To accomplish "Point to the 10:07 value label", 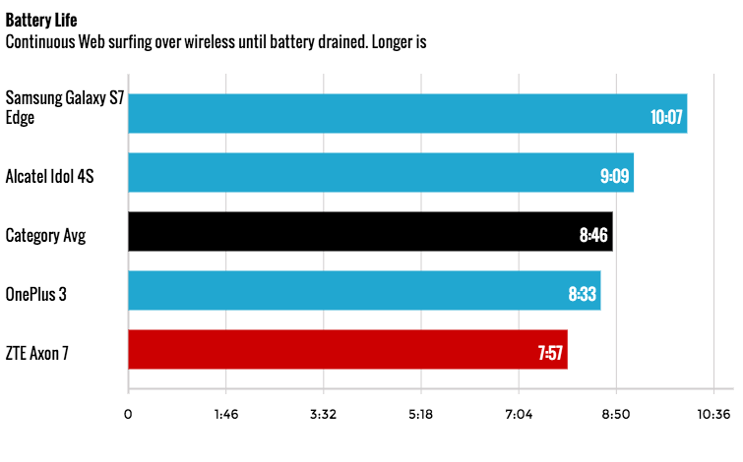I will click(x=665, y=117).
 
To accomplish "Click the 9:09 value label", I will click(x=614, y=177).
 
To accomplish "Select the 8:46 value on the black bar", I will click(x=594, y=236).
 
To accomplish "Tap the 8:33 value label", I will click(x=583, y=295).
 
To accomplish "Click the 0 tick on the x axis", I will click(x=128, y=414).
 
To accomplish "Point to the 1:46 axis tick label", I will click(x=225, y=414).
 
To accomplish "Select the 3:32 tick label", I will click(x=323, y=414).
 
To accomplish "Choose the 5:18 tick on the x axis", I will click(x=420, y=414).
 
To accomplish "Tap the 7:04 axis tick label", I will click(x=519, y=414).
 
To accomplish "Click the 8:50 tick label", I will click(x=616, y=414).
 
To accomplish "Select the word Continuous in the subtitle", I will click(x=41, y=42).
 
